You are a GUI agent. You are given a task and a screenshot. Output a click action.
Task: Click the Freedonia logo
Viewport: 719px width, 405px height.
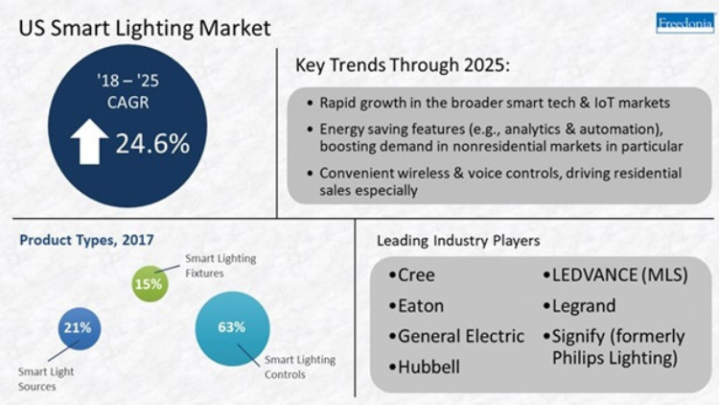[685, 23]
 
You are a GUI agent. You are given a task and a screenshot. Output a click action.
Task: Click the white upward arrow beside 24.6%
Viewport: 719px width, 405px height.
[89, 141]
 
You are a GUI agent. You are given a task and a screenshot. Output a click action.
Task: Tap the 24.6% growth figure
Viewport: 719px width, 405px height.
[152, 143]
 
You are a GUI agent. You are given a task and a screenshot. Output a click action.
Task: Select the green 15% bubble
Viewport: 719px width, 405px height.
[150, 284]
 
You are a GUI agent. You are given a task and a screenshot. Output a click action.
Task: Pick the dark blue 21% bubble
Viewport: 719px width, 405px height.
[79, 328]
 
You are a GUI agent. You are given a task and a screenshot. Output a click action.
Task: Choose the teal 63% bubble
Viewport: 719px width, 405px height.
[233, 328]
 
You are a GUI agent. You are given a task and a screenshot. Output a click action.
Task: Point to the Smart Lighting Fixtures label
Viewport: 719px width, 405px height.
[220, 266]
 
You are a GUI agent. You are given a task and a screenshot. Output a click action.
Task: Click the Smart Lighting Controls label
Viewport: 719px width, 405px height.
[300, 367]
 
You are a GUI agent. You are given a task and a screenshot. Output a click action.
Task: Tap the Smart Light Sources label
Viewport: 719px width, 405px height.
[46, 379]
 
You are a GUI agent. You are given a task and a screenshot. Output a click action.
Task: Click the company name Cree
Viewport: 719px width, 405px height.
[416, 275]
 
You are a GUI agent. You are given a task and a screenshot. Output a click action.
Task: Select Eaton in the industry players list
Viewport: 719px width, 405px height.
[421, 306]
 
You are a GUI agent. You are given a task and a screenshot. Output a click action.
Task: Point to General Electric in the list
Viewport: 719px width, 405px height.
[461, 336]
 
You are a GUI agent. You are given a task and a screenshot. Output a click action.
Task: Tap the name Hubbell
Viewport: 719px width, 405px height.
[429, 367]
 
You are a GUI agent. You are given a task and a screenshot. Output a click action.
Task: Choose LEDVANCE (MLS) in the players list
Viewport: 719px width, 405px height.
[620, 275]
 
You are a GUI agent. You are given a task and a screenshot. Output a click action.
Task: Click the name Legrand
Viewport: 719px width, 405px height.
[584, 306]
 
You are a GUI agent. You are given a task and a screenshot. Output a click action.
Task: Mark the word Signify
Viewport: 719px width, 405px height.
[578, 337]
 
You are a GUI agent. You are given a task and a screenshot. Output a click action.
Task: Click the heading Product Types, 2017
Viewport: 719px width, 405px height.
[86, 240]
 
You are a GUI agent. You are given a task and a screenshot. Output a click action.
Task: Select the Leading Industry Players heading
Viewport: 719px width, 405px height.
[458, 241]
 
